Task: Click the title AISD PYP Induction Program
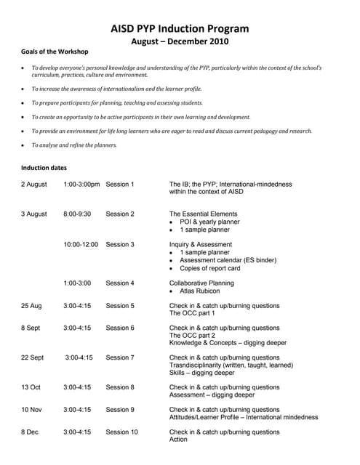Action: pos(180,29)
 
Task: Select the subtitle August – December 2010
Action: pos(180,42)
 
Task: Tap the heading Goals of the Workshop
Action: pos(55,52)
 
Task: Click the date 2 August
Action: pos(34,185)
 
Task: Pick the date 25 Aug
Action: pos(31,306)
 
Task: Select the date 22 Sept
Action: pos(33,357)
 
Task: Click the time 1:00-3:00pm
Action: pos(81,185)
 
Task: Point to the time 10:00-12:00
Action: pos(80,245)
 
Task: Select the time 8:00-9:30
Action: pos(77,214)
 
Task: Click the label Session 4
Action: pos(120,283)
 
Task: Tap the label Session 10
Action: pos(121,432)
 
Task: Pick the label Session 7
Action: pos(120,357)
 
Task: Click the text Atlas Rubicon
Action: pos(201,291)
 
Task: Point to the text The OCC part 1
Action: pos(192,313)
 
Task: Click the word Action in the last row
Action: pos(179,440)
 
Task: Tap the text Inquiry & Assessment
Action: pos(201,245)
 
